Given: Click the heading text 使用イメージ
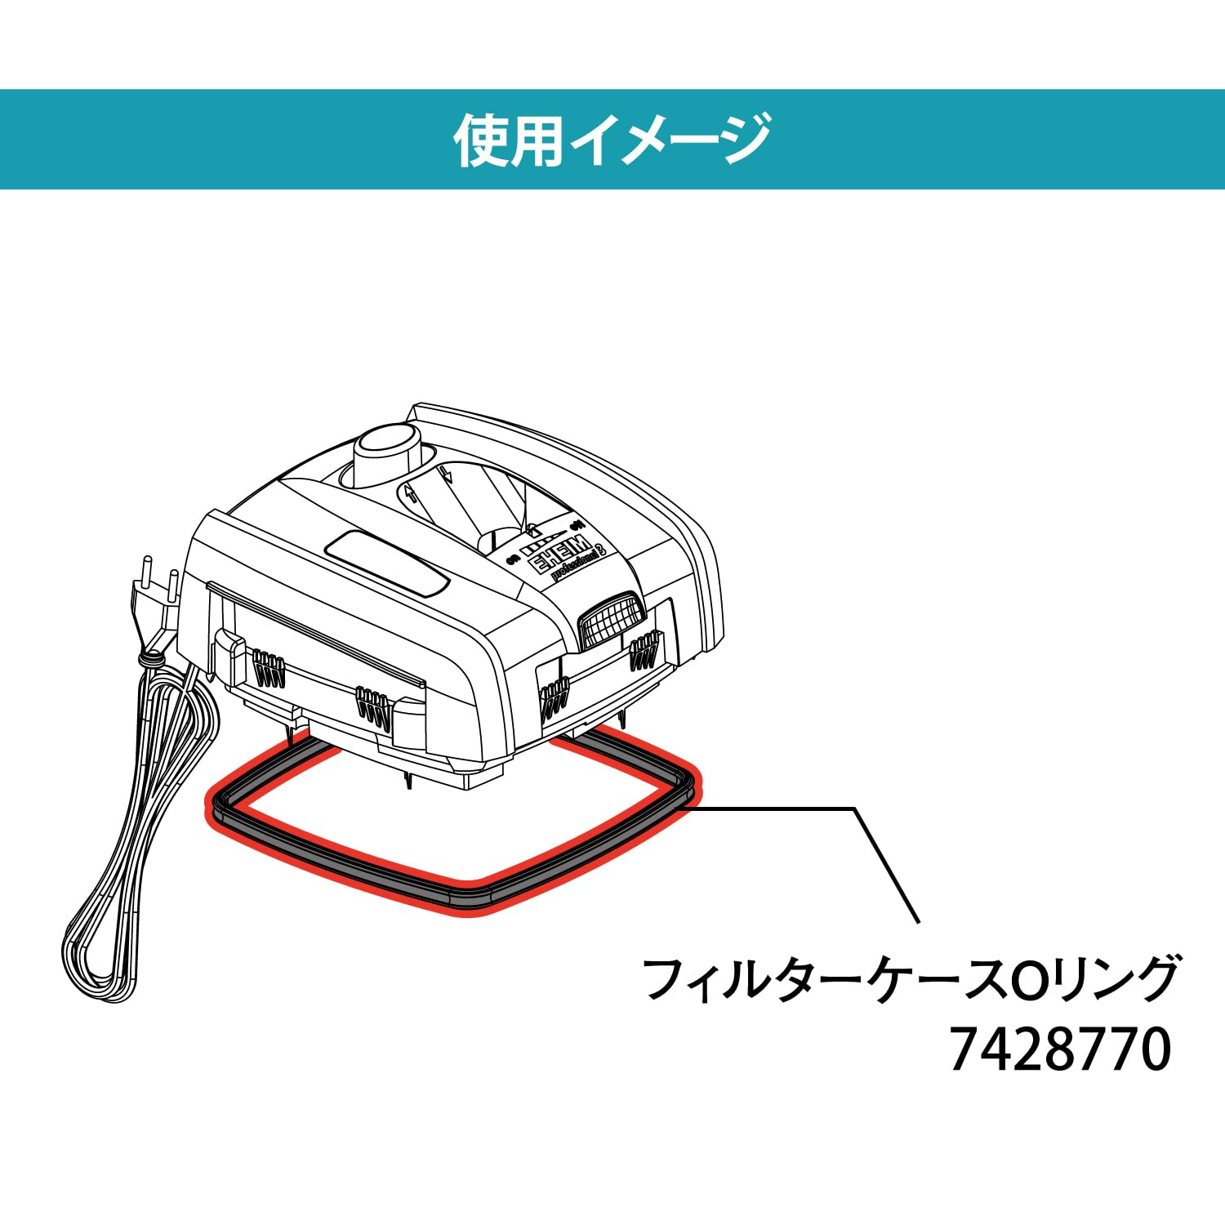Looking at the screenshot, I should point(612,140).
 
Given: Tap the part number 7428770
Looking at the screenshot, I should point(1060,1050).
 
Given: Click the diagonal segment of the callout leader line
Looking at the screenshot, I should point(887,866).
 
